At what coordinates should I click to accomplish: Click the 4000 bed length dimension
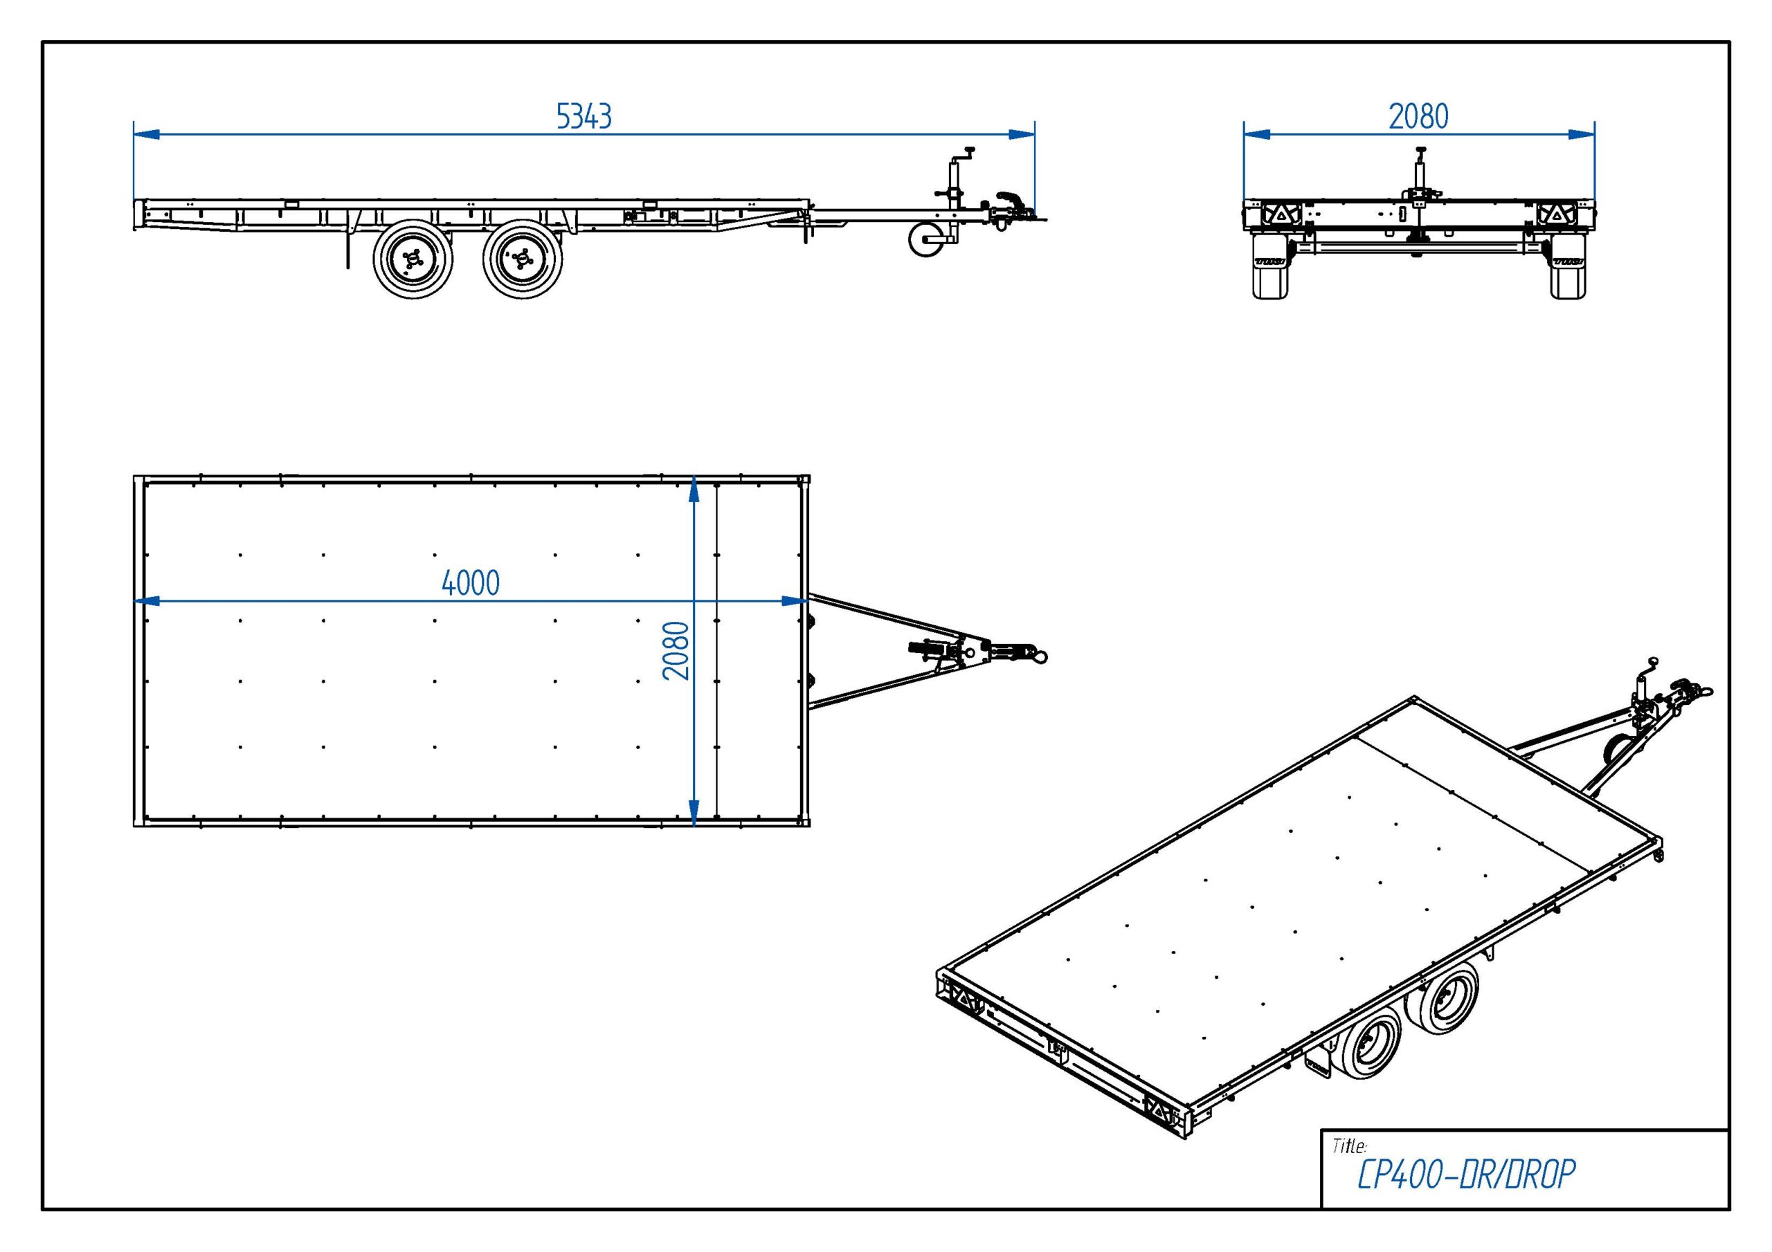click(470, 583)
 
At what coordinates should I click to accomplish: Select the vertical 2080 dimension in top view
click(676, 650)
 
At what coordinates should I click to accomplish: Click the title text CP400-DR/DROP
click(1465, 1175)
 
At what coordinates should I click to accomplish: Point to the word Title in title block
click(1349, 1146)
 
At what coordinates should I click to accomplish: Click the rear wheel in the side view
click(413, 259)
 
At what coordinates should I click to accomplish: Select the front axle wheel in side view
click(523, 259)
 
